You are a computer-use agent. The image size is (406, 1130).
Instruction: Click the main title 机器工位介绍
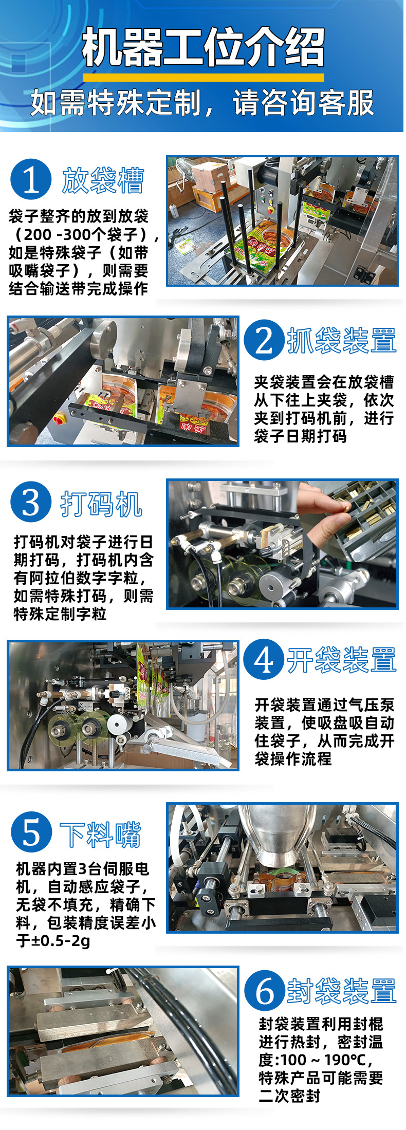(204, 48)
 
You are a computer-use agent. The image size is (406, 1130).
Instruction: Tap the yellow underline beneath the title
(204, 77)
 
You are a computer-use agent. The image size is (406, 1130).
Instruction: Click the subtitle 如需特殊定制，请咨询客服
(202, 103)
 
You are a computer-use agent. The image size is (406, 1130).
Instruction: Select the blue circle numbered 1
(31, 179)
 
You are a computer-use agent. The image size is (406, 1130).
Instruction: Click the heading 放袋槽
(103, 180)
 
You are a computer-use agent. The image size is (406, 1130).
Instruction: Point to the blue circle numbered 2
(264, 340)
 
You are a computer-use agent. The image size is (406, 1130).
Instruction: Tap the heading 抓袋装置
(342, 340)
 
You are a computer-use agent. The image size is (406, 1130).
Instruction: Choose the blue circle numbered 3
(31, 502)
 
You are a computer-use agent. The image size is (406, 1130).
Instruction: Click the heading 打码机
(101, 504)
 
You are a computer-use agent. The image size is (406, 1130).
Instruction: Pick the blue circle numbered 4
(264, 660)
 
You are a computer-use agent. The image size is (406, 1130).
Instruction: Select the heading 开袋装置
(342, 660)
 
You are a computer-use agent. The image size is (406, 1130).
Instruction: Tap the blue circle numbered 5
(31, 832)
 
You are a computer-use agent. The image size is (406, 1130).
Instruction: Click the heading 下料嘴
(101, 835)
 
